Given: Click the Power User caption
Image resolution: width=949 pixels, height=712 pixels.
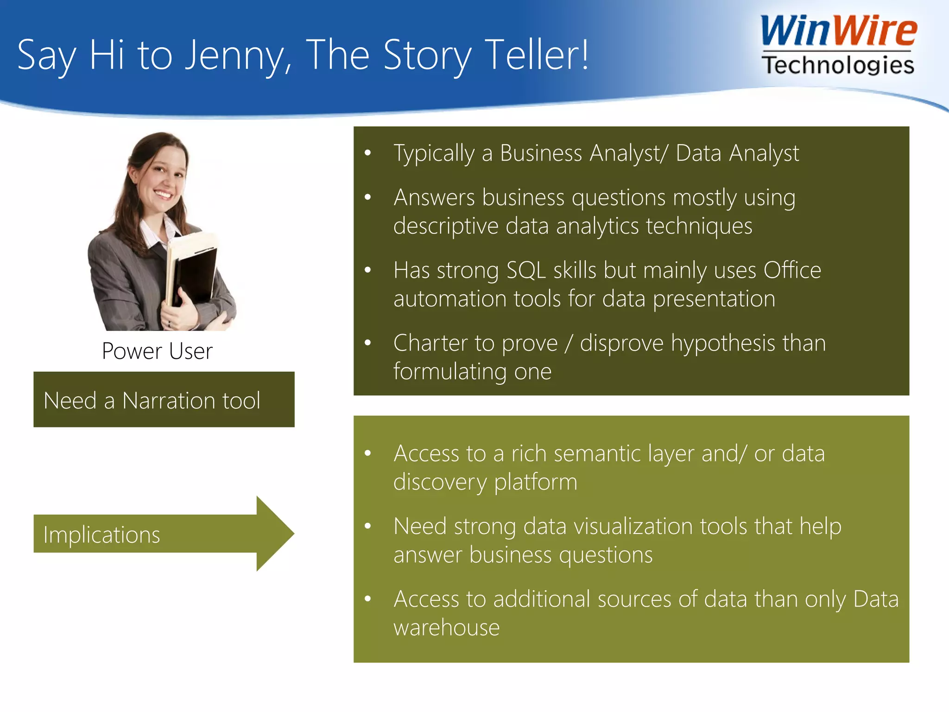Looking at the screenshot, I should click(x=157, y=351).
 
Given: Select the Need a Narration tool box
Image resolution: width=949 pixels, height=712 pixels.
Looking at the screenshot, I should click(x=164, y=400).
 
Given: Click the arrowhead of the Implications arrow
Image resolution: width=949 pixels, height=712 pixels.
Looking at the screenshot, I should click(x=275, y=534).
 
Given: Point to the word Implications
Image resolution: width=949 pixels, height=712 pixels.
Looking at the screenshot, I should click(x=101, y=535).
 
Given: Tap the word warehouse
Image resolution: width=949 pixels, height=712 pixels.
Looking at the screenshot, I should click(x=446, y=628).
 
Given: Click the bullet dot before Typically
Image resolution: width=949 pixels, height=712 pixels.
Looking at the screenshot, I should click(x=368, y=153).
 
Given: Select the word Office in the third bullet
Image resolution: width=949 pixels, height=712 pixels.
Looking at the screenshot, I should click(x=792, y=270).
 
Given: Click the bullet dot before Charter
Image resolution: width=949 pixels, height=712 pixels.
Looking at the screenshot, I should click(x=368, y=343).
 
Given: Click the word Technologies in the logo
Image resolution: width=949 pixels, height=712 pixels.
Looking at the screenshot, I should click(x=838, y=65).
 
